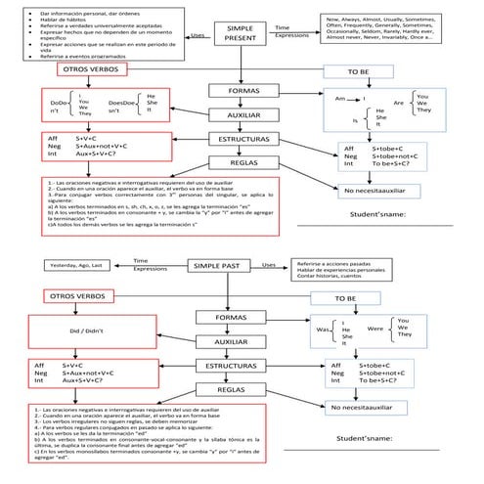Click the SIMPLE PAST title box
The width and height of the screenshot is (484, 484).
tap(222, 265)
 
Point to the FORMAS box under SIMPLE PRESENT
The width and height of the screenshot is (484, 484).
tap(243, 91)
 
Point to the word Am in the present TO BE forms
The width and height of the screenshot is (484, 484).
tap(340, 99)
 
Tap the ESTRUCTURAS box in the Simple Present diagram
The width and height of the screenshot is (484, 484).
tap(243, 140)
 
